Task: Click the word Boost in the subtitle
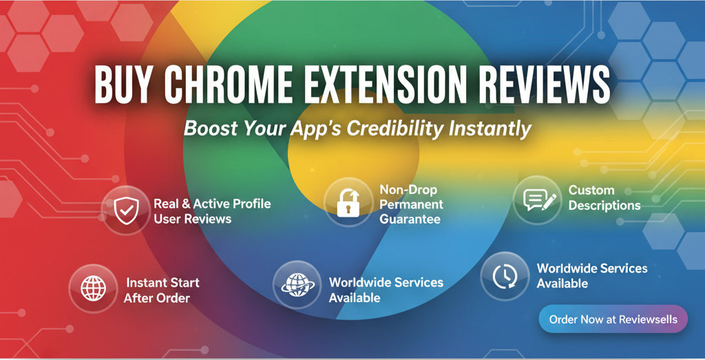pyautogui.click(x=211, y=129)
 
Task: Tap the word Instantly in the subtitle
pyautogui.click(x=490, y=129)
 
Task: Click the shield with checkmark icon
pyautogui.click(x=125, y=210)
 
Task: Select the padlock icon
pyautogui.click(x=348, y=203)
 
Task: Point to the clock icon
pyautogui.click(x=504, y=275)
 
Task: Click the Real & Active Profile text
pyautogui.click(x=212, y=204)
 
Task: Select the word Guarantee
pyautogui.click(x=410, y=220)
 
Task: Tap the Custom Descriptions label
pyautogui.click(x=604, y=198)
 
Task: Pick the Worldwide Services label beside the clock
pyautogui.click(x=591, y=275)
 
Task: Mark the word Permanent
pyautogui.click(x=411, y=204)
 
